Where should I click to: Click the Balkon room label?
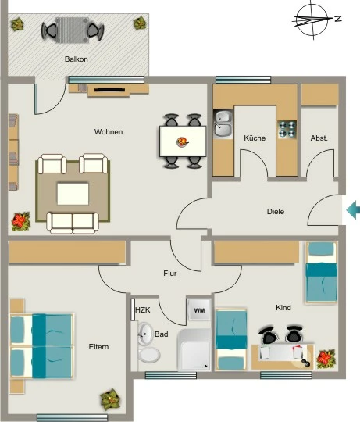[77, 59]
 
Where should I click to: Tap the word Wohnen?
[109, 132]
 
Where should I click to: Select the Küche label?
[255, 138]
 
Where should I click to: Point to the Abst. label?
[319, 138]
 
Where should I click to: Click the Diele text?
[276, 212]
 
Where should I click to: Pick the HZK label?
[143, 310]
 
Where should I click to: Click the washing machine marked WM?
[199, 310]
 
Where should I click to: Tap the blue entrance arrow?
[353, 209]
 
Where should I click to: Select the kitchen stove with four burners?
[287, 130]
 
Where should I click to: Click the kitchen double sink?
[223, 123]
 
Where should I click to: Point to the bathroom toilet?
[148, 355]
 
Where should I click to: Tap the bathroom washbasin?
[146, 334]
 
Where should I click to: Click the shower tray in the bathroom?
[194, 350]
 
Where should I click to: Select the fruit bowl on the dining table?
[182, 141]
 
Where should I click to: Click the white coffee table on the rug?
[73, 194]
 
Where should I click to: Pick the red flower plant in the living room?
[21, 221]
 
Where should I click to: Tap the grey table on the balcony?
[72, 30]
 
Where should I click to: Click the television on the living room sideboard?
[109, 90]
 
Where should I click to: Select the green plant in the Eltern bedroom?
[109, 399]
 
